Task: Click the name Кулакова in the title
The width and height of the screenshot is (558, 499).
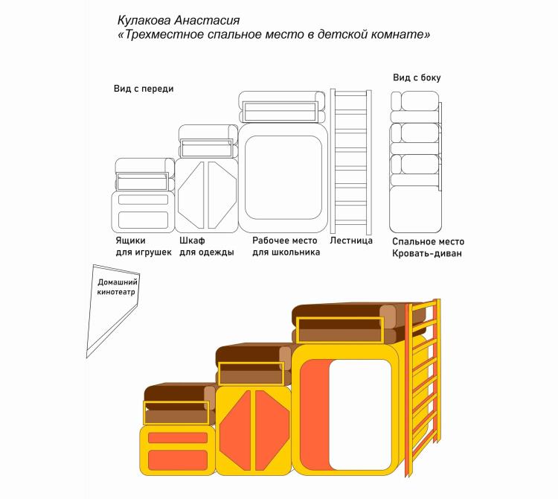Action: [147, 19]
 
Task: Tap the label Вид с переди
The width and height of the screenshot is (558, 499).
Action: [144, 89]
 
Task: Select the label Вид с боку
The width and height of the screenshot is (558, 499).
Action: [422, 77]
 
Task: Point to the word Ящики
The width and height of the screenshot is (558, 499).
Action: [130, 241]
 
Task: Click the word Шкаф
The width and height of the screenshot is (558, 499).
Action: [192, 241]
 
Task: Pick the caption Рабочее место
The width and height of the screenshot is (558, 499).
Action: [284, 241]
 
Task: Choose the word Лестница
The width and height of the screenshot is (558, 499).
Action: [350, 241]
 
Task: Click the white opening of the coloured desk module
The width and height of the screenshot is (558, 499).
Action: [360, 413]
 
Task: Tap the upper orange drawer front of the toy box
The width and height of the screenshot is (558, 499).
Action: [178, 438]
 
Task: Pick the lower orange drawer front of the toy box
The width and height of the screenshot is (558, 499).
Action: [178, 458]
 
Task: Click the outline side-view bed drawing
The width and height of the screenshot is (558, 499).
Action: [415, 160]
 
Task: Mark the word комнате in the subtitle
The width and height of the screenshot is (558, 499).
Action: [401, 34]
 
